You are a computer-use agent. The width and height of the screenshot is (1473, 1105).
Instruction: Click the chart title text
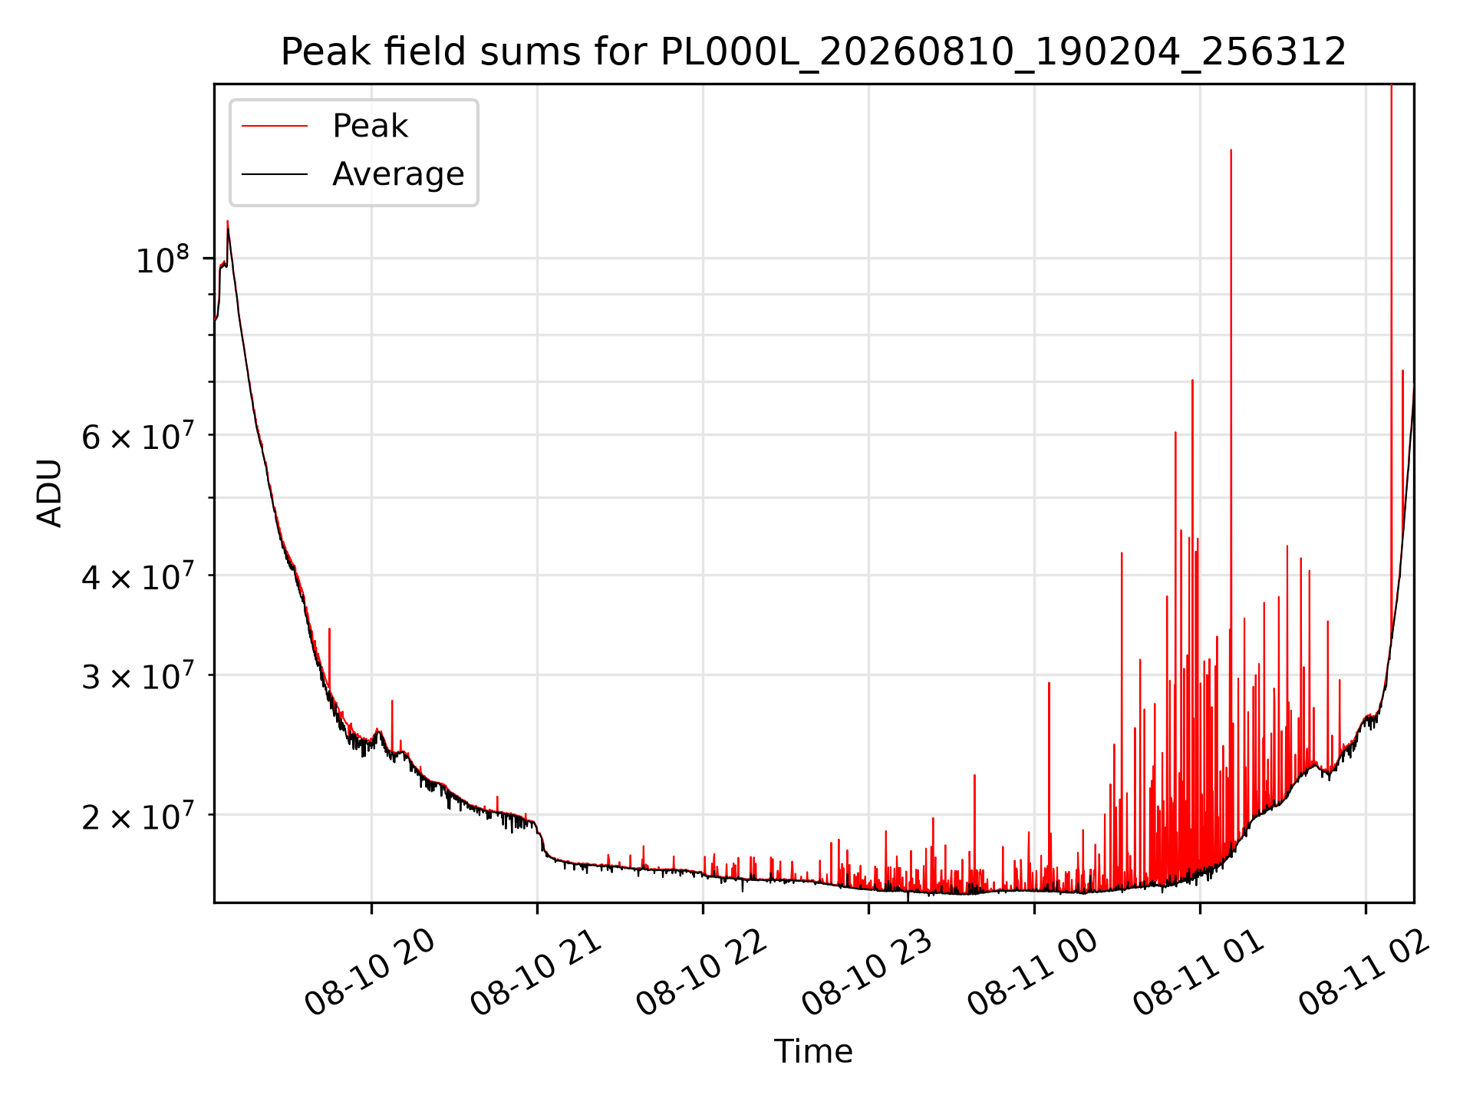[x=813, y=52]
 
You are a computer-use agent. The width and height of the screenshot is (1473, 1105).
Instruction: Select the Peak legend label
[x=370, y=126]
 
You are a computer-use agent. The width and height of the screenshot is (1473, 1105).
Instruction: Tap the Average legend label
[x=398, y=174]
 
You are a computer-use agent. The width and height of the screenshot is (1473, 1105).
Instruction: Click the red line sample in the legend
[x=275, y=127]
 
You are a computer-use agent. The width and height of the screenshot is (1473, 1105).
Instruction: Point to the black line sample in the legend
[x=275, y=174]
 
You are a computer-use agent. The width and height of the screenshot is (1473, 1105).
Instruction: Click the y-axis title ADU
[x=50, y=493]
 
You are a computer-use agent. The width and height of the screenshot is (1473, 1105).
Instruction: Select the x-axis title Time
[x=813, y=1051]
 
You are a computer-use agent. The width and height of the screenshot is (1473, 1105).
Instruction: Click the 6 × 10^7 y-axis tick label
[x=138, y=436]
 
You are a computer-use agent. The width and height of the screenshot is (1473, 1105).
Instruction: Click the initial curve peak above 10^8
[x=227, y=222]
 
